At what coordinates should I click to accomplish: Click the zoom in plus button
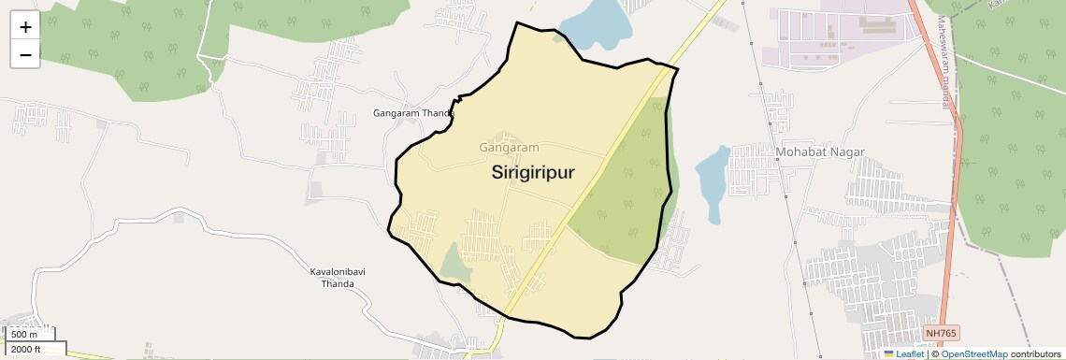[x=25, y=27]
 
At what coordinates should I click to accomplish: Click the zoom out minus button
[x=25, y=55]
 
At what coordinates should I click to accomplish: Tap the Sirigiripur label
[x=532, y=173]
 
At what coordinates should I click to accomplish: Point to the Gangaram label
[x=510, y=148]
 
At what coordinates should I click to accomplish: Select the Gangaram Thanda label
[x=412, y=113]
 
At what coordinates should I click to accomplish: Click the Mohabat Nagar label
[x=820, y=151]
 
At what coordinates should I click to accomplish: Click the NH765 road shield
[x=941, y=333]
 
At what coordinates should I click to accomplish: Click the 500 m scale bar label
[x=25, y=334]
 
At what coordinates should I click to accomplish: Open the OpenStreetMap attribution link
[x=973, y=353]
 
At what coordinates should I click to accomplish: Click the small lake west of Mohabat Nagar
[x=713, y=182]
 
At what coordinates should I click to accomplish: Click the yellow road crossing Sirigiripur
[x=580, y=196]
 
